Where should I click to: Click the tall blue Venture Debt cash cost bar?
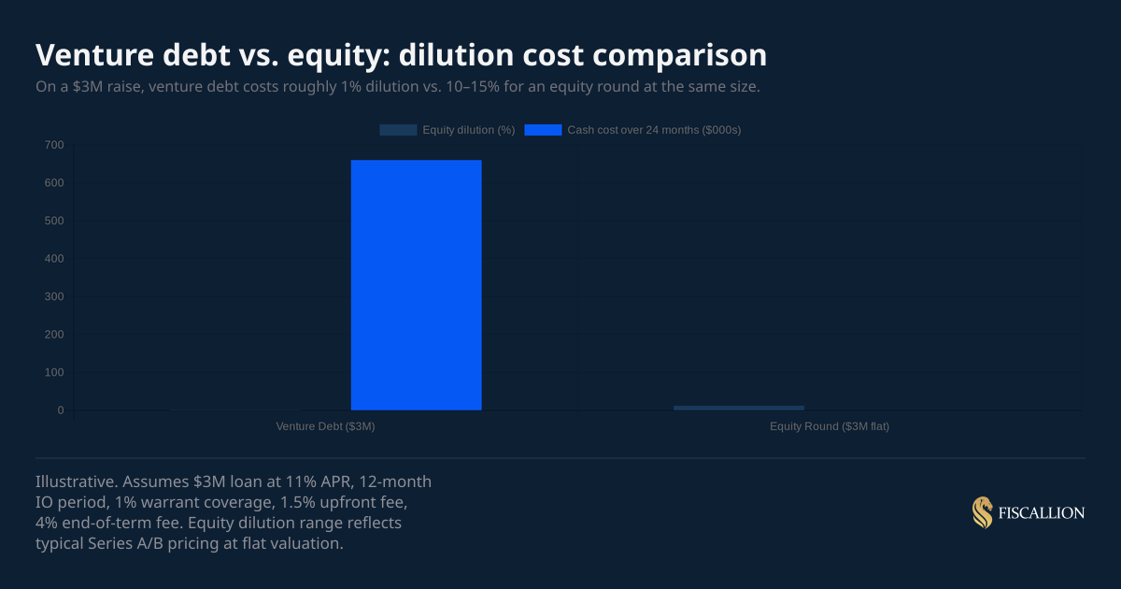point(416,285)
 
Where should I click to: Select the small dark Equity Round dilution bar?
point(738,408)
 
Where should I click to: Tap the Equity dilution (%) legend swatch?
point(398,130)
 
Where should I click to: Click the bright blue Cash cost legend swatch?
point(543,130)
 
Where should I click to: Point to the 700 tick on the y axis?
point(54,145)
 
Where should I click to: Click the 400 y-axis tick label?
point(54,259)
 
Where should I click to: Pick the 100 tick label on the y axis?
point(54,373)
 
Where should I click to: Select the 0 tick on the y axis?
point(60,410)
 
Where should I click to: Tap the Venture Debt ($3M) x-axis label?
point(325,426)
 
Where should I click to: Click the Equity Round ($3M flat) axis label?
point(830,426)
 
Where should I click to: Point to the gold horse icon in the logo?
point(982,512)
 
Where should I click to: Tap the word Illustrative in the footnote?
point(75,481)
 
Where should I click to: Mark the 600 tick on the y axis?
point(54,183)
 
